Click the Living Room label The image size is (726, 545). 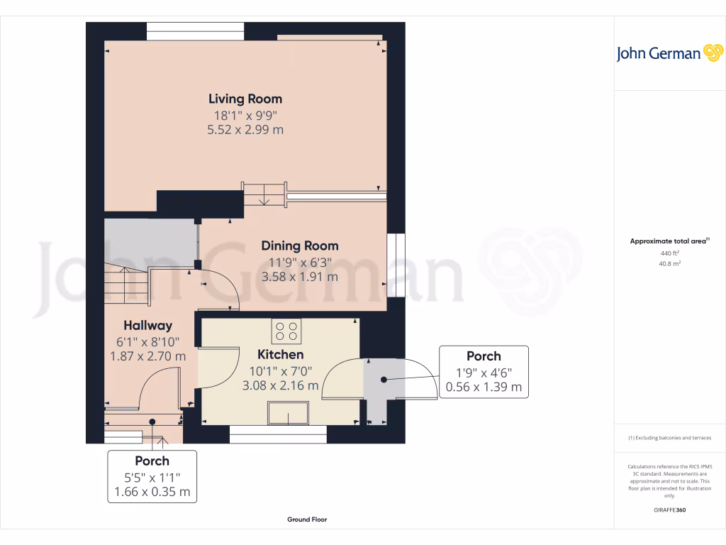tap(245, 99)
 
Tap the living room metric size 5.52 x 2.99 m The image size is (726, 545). tap(245, 130)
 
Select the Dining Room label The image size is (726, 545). tap(299, 246)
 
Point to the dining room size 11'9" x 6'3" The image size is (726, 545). tap(299, 261)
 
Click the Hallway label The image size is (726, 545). tap(148, 326)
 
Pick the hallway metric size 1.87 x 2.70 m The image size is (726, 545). tap(148, 356)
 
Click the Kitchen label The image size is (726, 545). tap(280, 354)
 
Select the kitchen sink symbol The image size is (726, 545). tap(288, 412)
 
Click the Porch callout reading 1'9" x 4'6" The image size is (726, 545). tap(484, 371)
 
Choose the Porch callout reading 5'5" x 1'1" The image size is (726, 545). tap(152, 476)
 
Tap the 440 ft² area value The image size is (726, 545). tap(669, 253)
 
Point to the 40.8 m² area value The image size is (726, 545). tap(669, 263)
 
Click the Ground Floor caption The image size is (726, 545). tap(307, 519)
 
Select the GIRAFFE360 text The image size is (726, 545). tap(669, 510)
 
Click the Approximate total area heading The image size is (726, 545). tap(669, 241)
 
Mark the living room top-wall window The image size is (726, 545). tap(196, 28)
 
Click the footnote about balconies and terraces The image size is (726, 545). tap(669, 438)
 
